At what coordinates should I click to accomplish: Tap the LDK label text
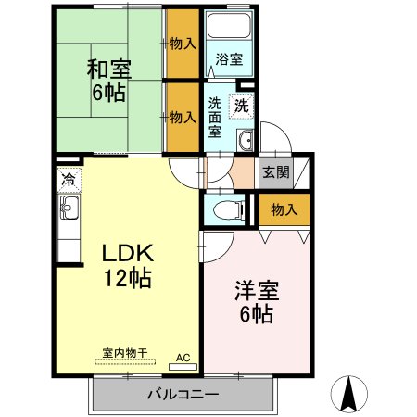pyautogui.click(x=127, y=254)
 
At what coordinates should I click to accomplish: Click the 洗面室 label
pyautogui.click(x=215, y=118)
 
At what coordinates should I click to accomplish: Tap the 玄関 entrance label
pyautogui.click(x=274, y=171)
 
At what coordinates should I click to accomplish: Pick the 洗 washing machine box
pyautogui.click(x=241, y=106)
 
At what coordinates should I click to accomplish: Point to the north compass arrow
pyautogui.click(x=350, y=394)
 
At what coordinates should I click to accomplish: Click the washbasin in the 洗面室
pyautogui.click(x=245, y=141)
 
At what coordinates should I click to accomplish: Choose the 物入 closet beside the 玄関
pyautogui.click(x=283, y=210)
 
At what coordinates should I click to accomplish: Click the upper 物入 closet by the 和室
pyautogui.click(x=183, y=43)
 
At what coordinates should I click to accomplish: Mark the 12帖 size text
pyautogui.click(x=127, y=277)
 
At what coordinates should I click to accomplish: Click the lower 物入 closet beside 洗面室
pyautogui.click(x=183, y=118)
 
